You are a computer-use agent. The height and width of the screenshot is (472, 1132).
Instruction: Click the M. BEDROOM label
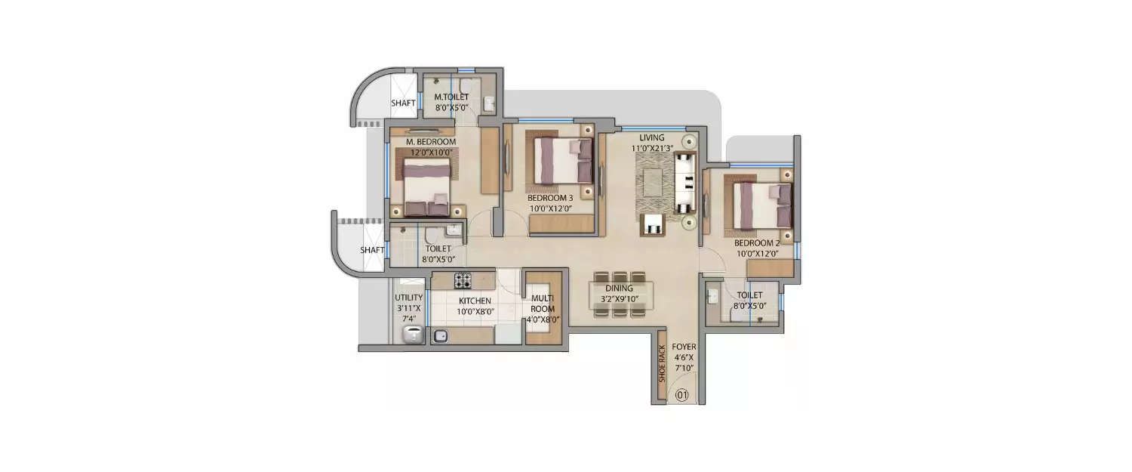pos(431,142)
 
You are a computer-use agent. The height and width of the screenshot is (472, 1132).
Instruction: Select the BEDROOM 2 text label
pos(757,244)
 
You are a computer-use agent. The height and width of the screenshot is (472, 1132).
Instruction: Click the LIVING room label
pos(651,138)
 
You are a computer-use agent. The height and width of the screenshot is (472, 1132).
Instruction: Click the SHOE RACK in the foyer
pos(662,365)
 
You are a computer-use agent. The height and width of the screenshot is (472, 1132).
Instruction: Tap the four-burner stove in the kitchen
pos(463,281)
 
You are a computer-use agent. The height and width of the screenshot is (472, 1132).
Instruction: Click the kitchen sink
pos(441,335)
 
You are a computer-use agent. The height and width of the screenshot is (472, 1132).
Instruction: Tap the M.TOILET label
pos(451,97)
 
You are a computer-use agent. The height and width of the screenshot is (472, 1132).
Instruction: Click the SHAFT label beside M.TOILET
pos(403,103)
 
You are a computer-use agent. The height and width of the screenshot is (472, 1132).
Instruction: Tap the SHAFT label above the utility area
pos(372,250)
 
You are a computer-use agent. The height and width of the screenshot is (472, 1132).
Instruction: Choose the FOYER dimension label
pos(684,357)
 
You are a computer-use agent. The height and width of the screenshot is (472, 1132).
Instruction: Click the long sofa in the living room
pos(684,182)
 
